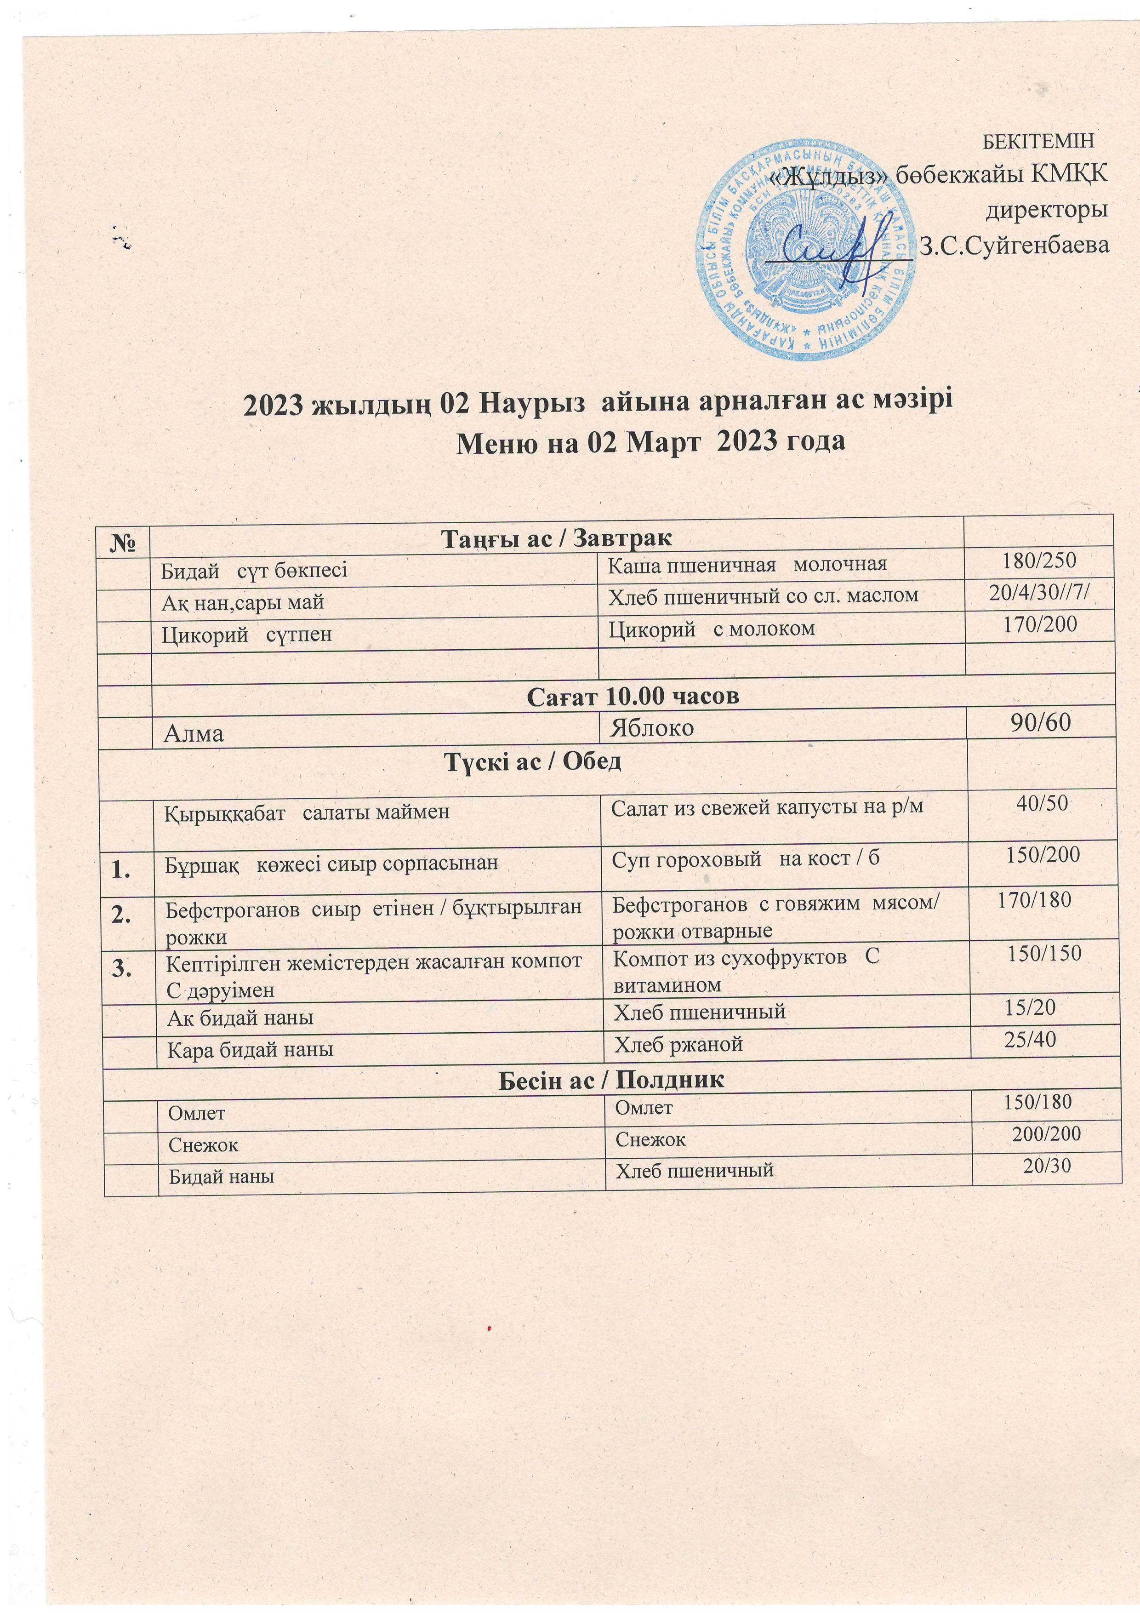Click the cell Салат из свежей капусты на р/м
coord(766,808)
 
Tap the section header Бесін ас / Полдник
coord(610,1079)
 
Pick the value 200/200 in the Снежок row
coord(1046,1133)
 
